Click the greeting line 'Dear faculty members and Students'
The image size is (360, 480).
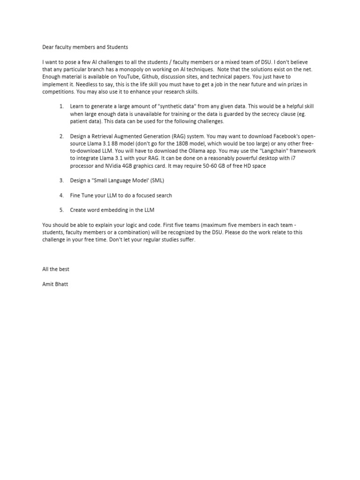pyautogui.click(x=85, y=47)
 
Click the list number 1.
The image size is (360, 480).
pyautogui.click(x=61, y=107)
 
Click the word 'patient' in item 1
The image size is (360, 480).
pyautogui.click(x=81, y=121)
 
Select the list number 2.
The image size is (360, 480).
pyautogui.click(x=61, y=136)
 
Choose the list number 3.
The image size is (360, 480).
pyautogui.click(x=61, y=180)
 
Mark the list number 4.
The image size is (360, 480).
pyautogui.click(x=61, y=195)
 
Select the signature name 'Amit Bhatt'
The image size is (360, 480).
pyautogui.click(x=55, y=284)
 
